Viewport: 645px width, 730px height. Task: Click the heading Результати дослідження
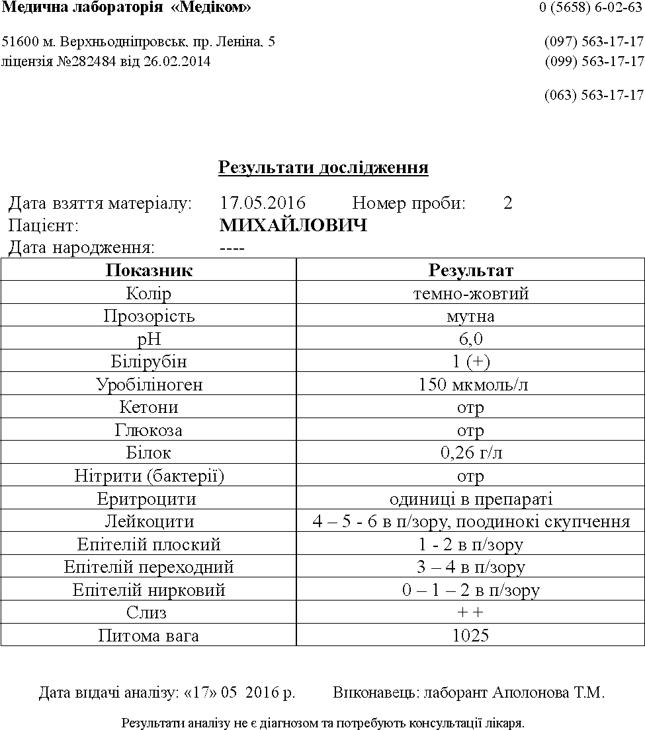pyautogui.click(x=323, y=168)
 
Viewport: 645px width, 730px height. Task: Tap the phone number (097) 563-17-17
pyautogui.click(x=593, y=42)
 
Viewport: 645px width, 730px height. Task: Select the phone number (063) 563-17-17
pyautogui.click(x=593, y=95)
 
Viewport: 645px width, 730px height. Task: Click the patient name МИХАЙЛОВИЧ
pyautogui.click(x=293, y=227)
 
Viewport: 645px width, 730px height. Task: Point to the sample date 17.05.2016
pyautogui.click(x=263, y=203)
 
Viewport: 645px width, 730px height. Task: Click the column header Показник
pyautogui.click(x=149, y=270)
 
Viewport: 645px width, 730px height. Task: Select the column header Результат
pyautogui.click(x=470, y=270)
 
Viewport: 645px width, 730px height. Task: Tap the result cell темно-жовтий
pyautogui.click(x=470, y=294)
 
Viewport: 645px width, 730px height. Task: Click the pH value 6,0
pyautogui.click(x=470, y=340)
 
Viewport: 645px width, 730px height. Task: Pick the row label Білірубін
pyautogui.click(x=149, y=362)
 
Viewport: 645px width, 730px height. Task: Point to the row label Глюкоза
pyautogui.click(x=149, y=431)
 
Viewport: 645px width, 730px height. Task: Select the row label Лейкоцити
pyautogui.click(x=149, y=522)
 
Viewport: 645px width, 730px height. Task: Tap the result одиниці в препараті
pyautogui.click(x=470, y=499)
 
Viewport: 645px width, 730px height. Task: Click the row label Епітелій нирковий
pyautogui.click(x=149, y=590)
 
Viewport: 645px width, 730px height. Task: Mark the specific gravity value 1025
pyautogui.click(x=470, y=636)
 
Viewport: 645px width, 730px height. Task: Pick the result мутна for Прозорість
pyautogui.click(x=470, y=316)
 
